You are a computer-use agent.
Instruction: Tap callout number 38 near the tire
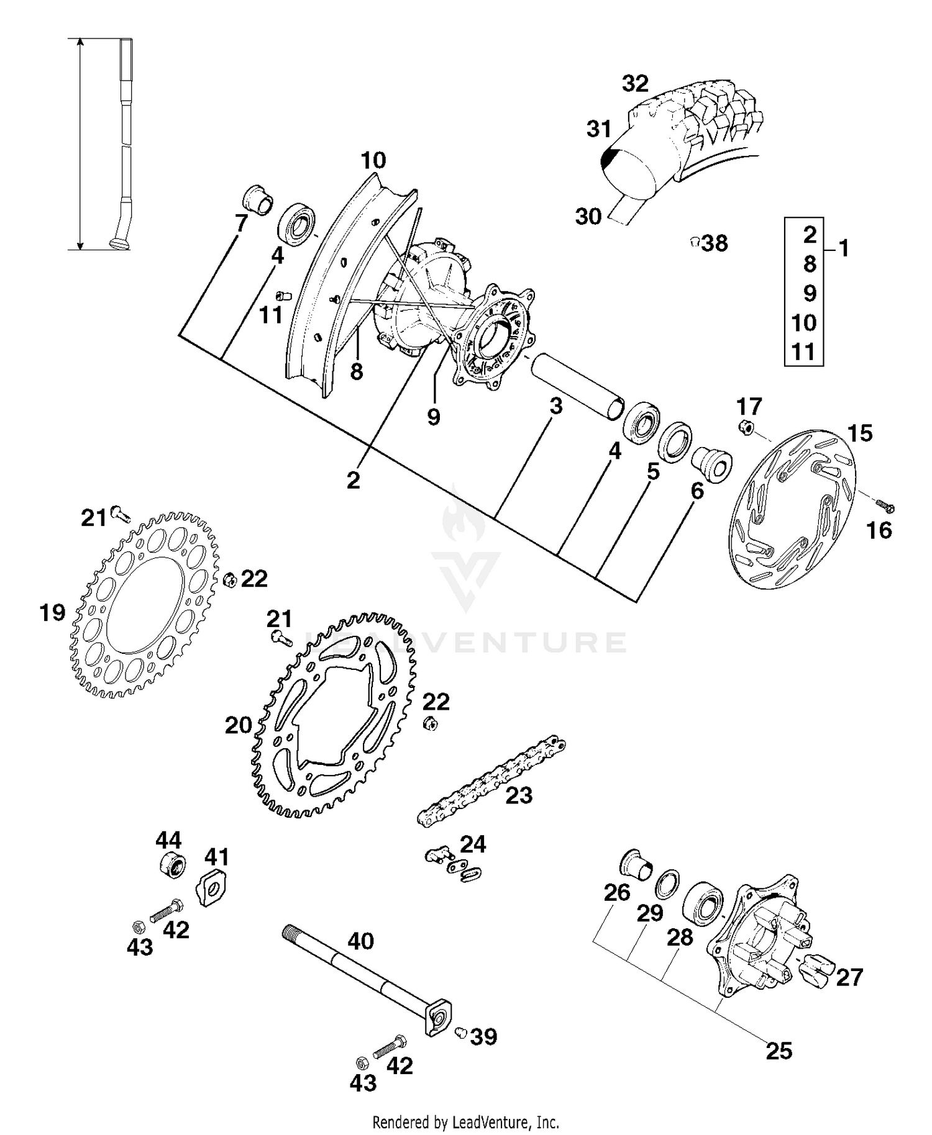(x=715, y=243)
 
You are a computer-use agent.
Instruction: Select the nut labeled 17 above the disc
(x=746, y=427)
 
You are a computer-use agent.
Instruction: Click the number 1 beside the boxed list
(x=843, y=248)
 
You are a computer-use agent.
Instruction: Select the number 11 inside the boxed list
(x=803, y=352)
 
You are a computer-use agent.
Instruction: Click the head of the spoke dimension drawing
(x=119, y=244)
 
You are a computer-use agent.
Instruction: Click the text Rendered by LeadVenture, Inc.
(x=465, y=1122)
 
